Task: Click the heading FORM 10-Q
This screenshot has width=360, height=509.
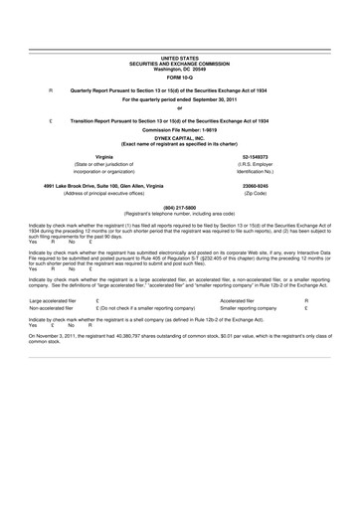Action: coord(180,79)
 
